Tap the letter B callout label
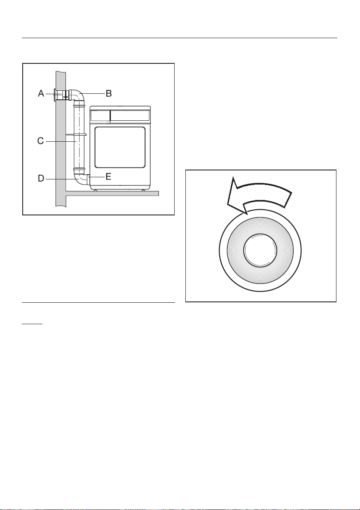pyautogui.click(x=109, y=93)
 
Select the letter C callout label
pyautogui.click(x=40, y=140)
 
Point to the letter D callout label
pyautogui.click(x=41, y=179)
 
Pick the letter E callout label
pyautogui.click(x=109, y=176)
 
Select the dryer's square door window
pyautogui.click(x=120, y=147)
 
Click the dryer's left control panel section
pyautogui.click(x=100, y=115)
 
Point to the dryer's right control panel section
pyautogui.click(x=130, y=115)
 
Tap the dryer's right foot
pyautogui.click(x=143, y=190)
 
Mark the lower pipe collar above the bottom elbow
pyautogui.click(x=79, y=169)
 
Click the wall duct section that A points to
pyautogui.click(x=60, y=95)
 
